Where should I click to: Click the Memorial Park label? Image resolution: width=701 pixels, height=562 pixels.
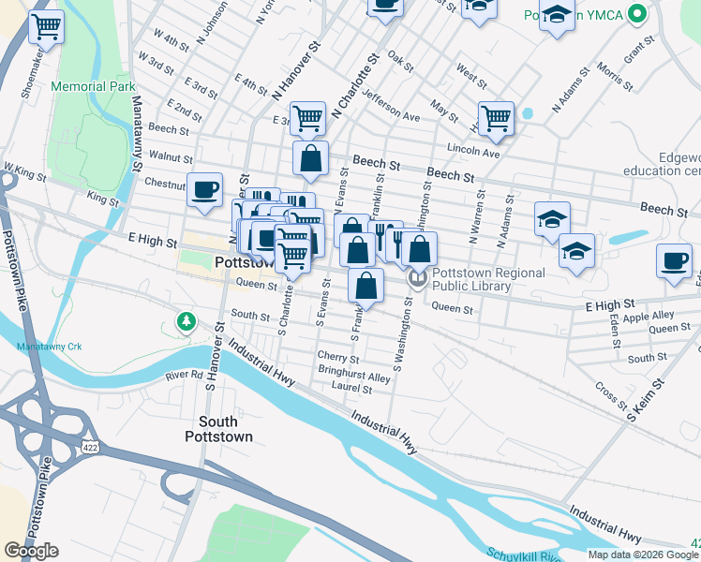94,86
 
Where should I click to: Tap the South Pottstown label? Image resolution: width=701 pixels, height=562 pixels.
218,429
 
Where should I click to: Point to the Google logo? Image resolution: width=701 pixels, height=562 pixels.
31,551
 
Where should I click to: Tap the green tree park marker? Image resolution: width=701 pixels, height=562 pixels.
186,322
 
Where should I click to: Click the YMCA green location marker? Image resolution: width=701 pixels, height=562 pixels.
638,15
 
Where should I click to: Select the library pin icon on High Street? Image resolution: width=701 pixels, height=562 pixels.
417,278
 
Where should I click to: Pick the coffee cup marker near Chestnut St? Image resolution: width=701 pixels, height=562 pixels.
204,190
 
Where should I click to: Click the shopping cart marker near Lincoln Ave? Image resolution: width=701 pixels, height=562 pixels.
496,118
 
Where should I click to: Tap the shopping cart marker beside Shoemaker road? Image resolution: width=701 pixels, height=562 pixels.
46,26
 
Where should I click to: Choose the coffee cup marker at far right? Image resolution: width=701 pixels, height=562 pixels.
673,260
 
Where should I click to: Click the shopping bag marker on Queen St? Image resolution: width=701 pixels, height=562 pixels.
366,286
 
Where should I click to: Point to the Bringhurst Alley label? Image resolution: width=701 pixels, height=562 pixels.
353,377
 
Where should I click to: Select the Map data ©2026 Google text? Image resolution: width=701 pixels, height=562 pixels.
643,555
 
